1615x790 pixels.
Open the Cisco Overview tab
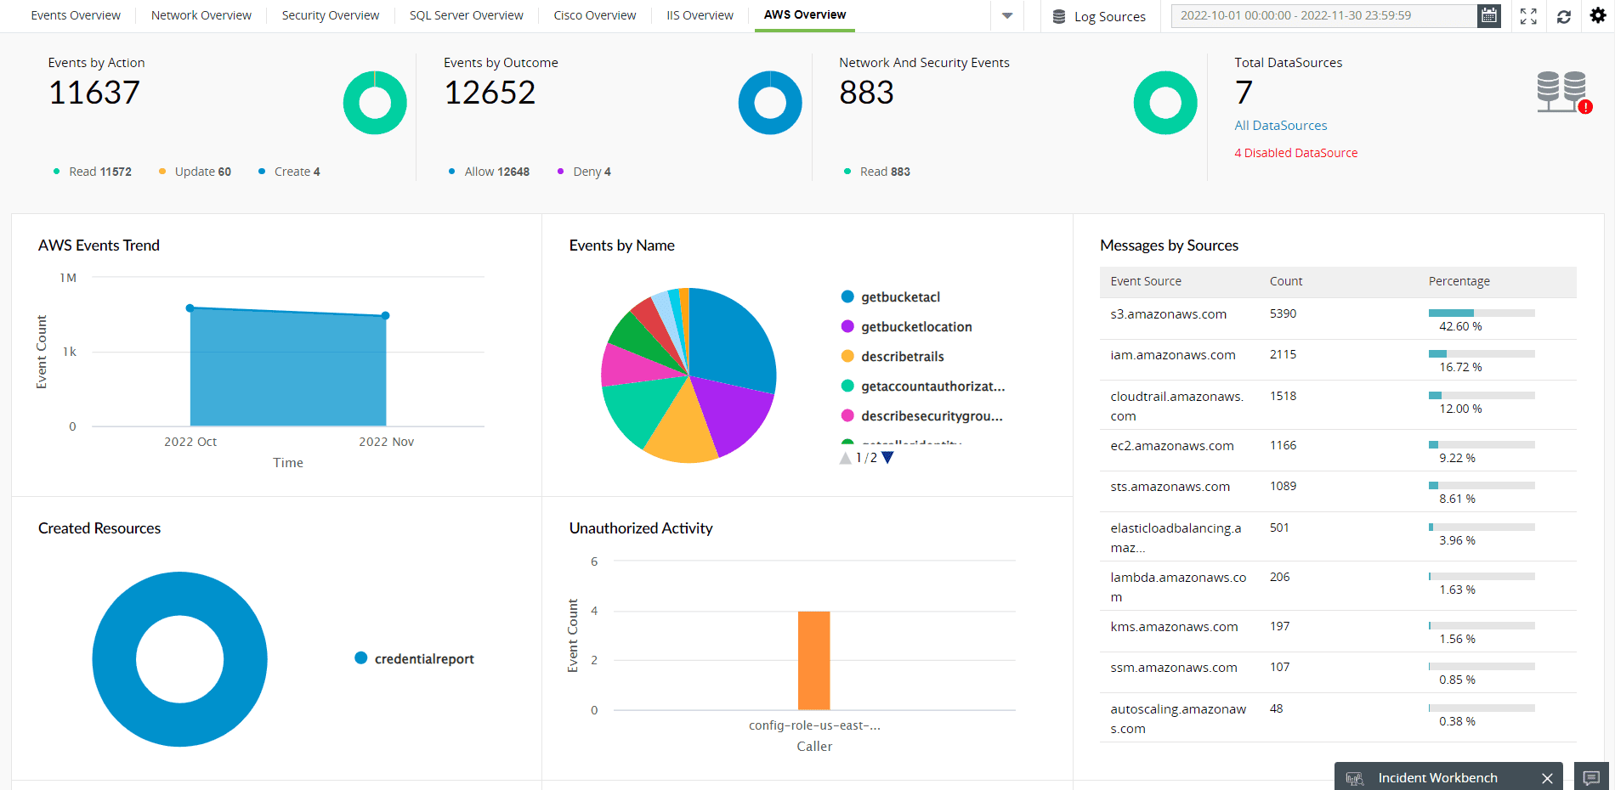tap(594, 15)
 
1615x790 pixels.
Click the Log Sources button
tap(1099, 16)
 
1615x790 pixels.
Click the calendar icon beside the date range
tap(1488, 15)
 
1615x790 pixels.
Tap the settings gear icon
tap(1597, 15)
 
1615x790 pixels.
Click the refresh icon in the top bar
tap(1563, 16)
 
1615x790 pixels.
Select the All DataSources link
tap(1280, 126)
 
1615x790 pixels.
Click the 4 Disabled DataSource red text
tap(1295, 153)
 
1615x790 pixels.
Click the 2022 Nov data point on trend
tap(385, 315)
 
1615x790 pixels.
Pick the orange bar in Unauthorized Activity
tap(813, 660)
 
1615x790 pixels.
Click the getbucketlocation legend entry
tap(915, 327)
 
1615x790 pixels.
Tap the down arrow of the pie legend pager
tap(887, 458)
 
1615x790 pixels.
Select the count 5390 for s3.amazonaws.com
tap(1283, 313)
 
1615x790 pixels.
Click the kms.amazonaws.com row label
tap(1174, 627)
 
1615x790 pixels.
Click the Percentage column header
tap(1459, 281)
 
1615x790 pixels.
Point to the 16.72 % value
tap(1459, 367)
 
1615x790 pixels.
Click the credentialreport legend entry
tap(423, 659)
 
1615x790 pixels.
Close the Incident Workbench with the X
tap(1547, 778)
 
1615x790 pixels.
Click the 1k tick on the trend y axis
tap(70, 352)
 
